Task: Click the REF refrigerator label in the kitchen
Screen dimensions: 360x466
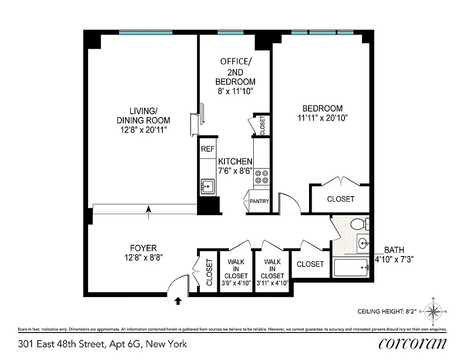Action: (207, 149)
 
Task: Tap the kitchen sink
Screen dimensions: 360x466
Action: (207, 185)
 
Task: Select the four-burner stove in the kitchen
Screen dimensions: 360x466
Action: (262, 176)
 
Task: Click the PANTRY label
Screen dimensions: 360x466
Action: (259, 201)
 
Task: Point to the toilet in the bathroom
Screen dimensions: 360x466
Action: (359, 223)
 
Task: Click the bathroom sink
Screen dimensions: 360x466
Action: (363, 244)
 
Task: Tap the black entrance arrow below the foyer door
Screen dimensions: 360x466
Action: (178, 301)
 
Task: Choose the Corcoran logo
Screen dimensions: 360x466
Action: (412, 343)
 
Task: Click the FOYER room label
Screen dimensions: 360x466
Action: (143, 248)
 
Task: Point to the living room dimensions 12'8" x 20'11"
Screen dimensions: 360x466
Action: (143, 130)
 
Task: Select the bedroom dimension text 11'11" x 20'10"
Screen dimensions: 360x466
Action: (323, 118)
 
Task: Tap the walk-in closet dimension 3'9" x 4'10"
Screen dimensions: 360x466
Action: (236, 283)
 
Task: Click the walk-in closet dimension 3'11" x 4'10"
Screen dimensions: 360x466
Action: (272, 283)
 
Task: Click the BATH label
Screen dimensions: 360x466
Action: (394, 250)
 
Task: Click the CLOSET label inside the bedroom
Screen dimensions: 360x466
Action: (341, 199)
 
